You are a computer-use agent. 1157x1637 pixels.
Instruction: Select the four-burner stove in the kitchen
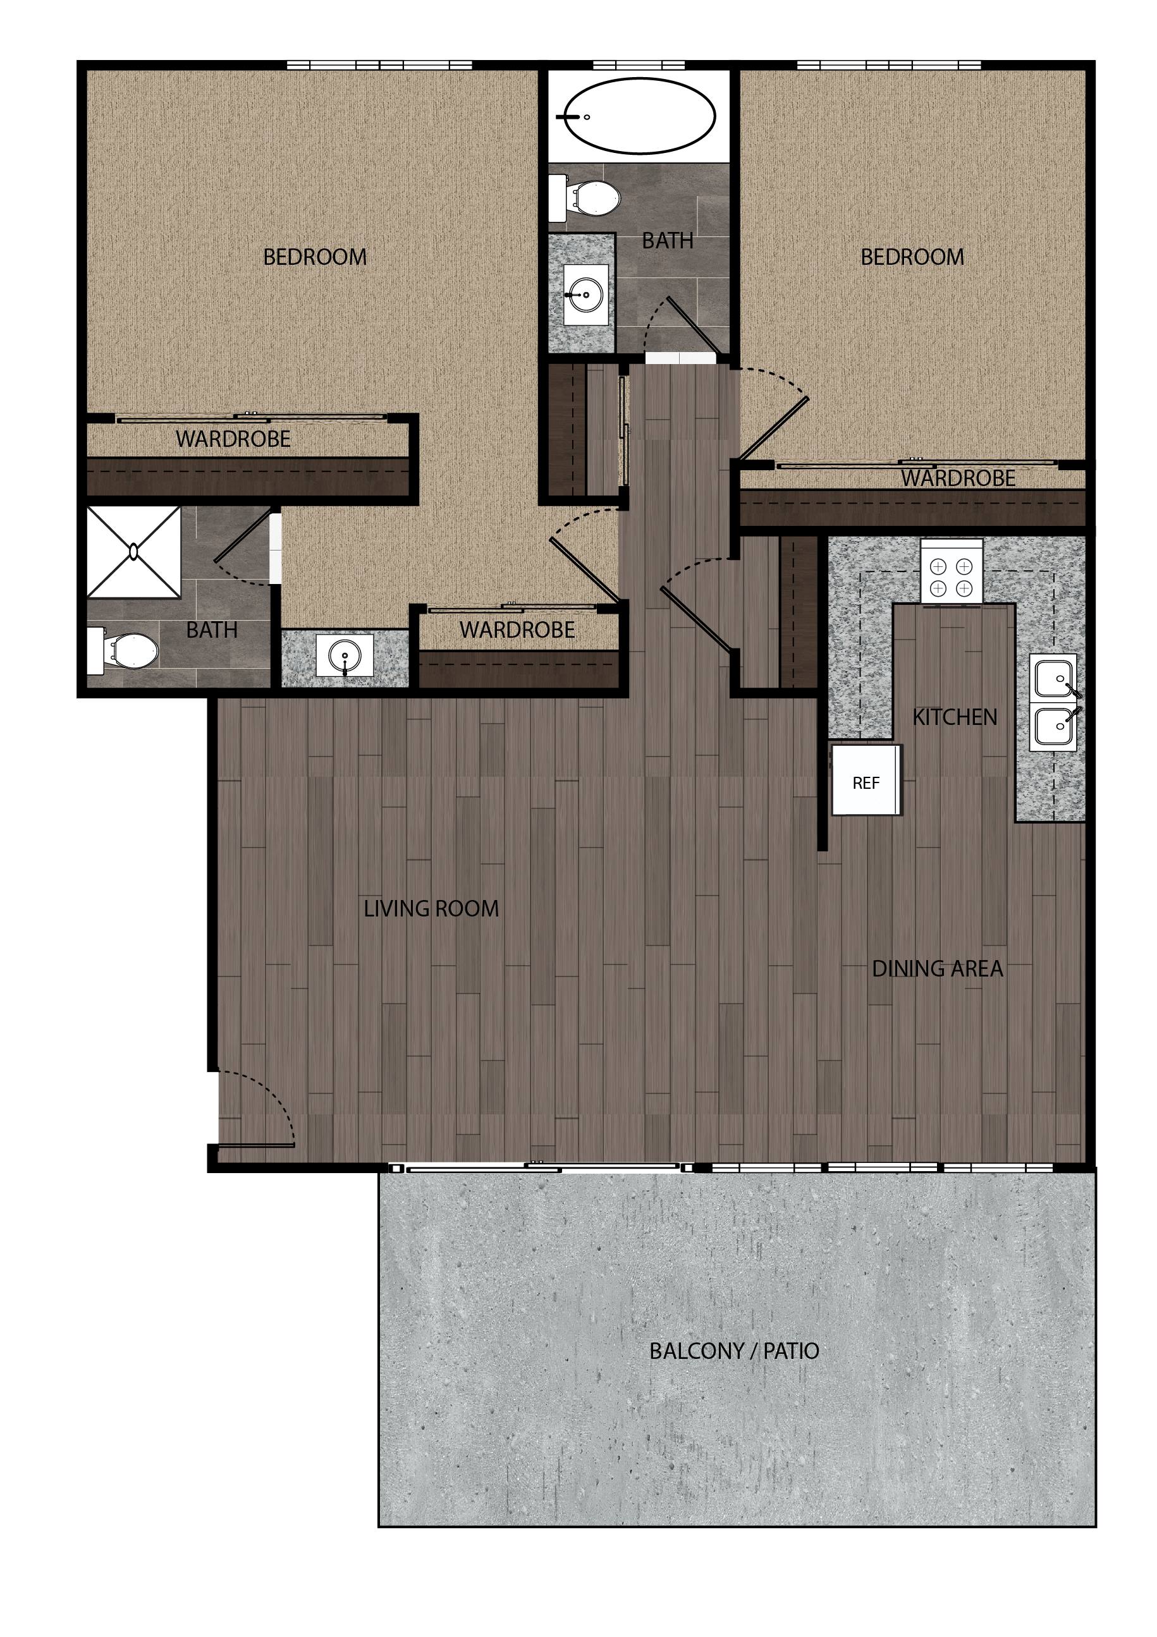click(x=951, y=570)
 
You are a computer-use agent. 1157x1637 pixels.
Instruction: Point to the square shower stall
click(x=133, y=552)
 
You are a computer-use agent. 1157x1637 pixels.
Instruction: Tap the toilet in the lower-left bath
click(x=123, y=650)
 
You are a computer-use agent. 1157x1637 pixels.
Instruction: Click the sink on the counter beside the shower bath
click(x=345, y=655)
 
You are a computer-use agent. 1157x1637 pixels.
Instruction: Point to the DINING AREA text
click(x=938, y=969)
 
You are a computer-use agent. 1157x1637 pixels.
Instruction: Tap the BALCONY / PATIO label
click(x=734, y=1351)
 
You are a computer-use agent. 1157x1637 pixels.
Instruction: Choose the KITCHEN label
click(x=955, y=717)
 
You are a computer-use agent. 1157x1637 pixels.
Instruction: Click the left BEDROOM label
click(x=315, y=257)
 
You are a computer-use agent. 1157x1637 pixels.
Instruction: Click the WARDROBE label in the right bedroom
click(x=958, y=478)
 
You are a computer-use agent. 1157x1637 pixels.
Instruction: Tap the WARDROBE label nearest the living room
click(x=517, y=630)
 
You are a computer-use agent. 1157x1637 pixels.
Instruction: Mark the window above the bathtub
click(x=639, y=66)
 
